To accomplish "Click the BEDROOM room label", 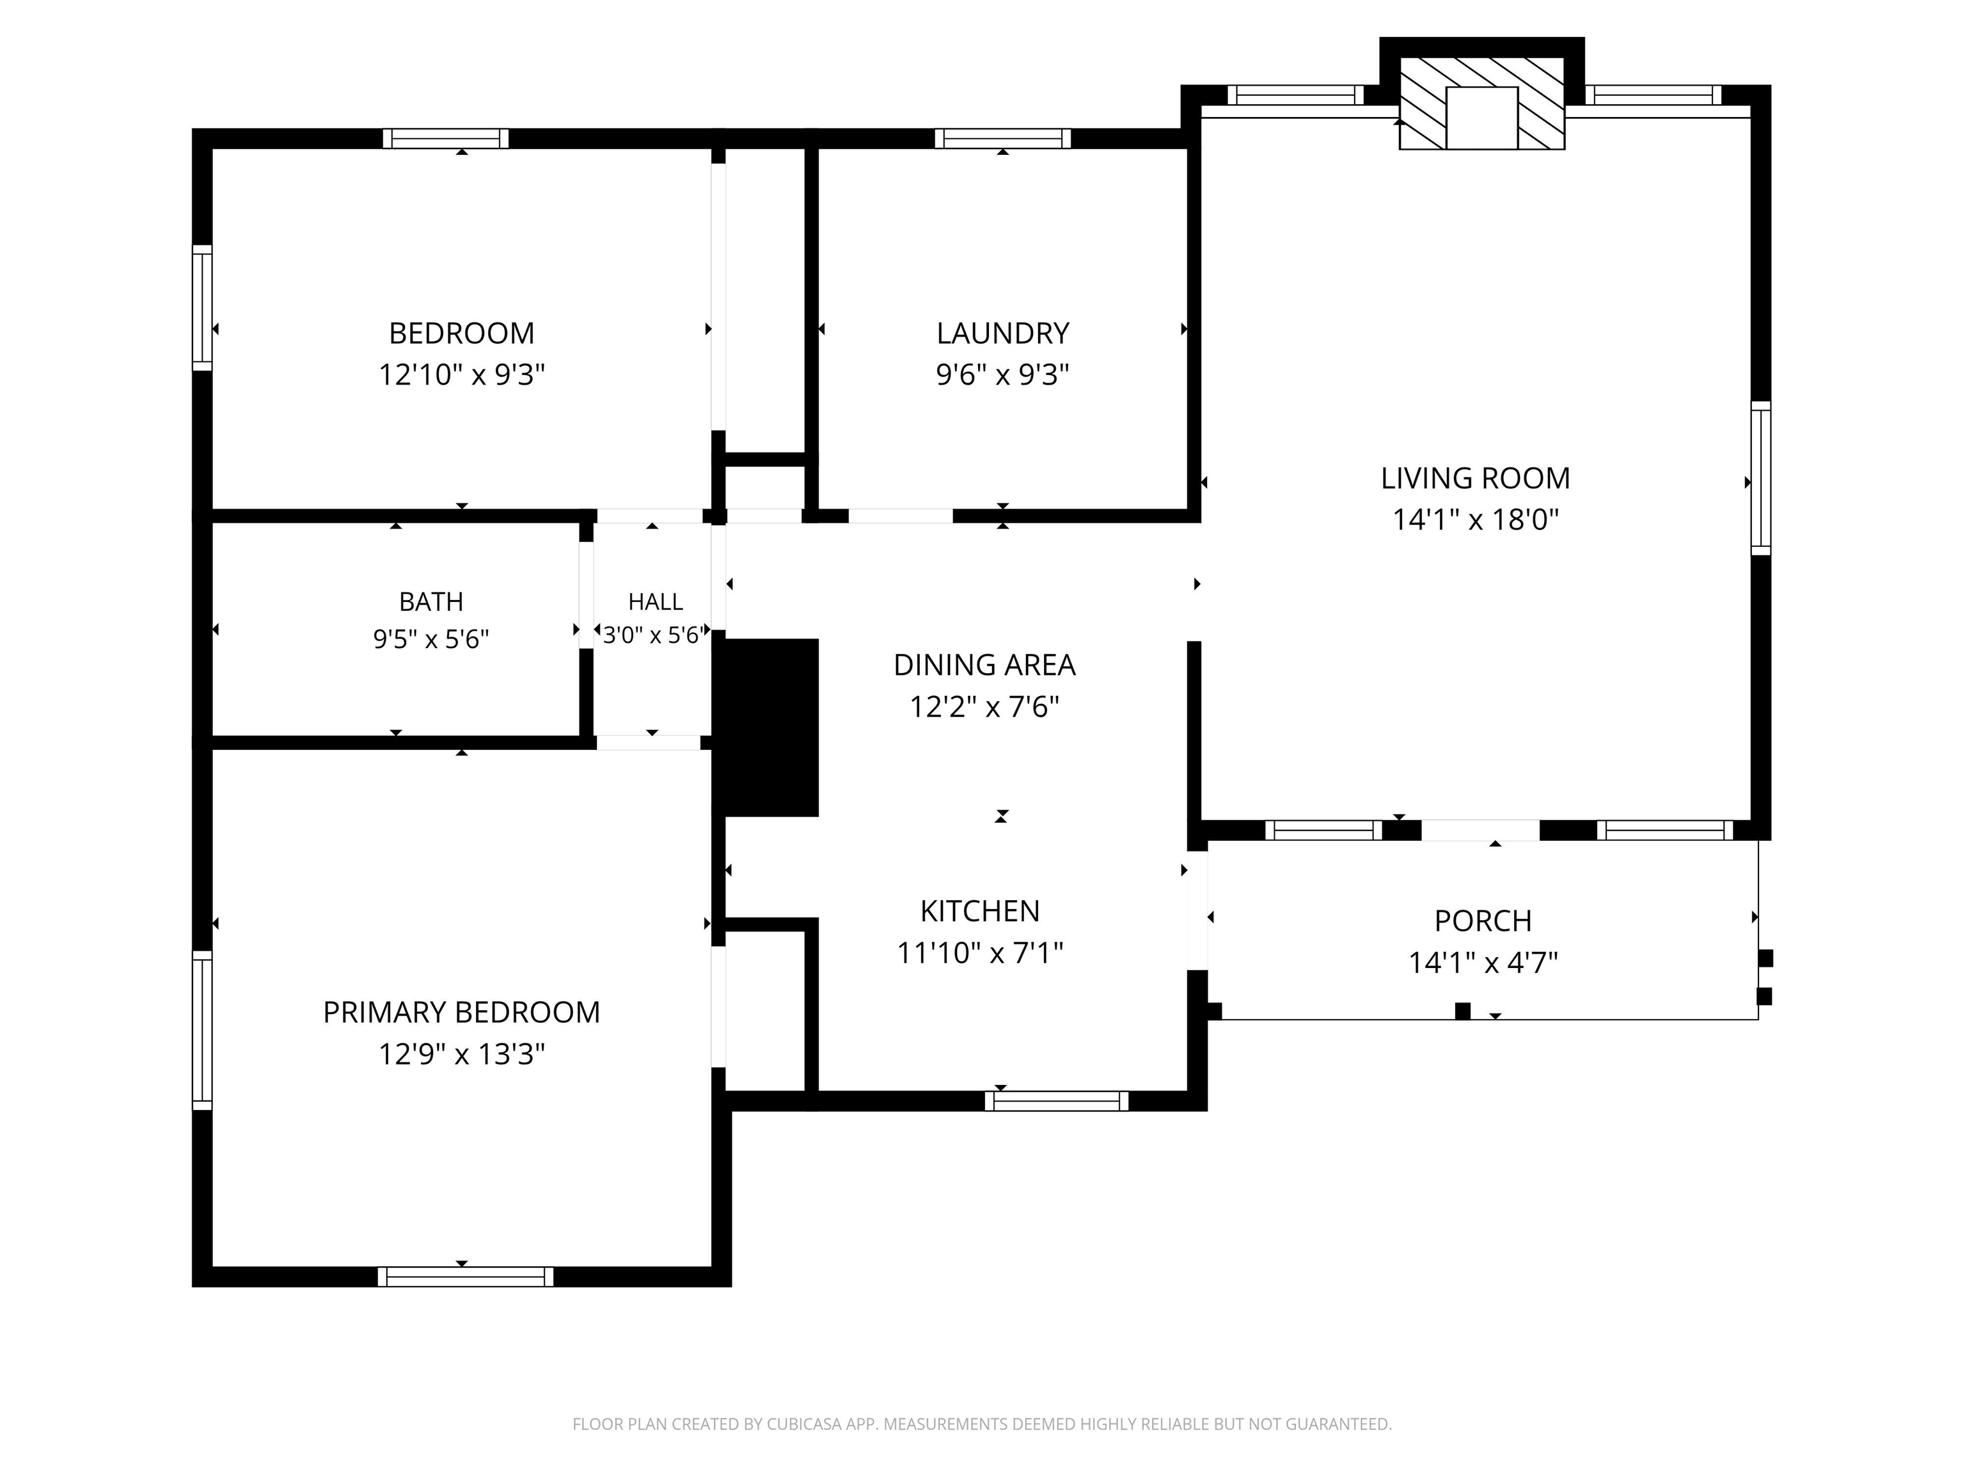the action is (x=461, y=333).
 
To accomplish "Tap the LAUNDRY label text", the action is (x=1002, y=333).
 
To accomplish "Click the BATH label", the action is (x=431, y=601).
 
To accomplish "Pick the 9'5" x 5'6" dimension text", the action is (x=431, y=639).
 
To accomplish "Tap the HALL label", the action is (x=656, y=601).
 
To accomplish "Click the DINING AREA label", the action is (x=984, y=665).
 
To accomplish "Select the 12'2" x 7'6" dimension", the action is (x=984, y=706).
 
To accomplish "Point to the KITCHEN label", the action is (x=980, y=911).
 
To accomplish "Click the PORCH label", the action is (x=1483, y=921).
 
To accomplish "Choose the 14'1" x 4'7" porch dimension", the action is (x=1483, y=962).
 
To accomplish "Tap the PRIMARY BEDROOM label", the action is (x=461, y=1012).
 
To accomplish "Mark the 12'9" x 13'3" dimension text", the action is (x=461, y=1054).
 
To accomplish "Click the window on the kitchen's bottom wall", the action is (x=1056, y=1101).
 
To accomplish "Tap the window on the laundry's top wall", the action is (x=1002, y=139).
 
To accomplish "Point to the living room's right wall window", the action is (x=1761, y=478).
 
